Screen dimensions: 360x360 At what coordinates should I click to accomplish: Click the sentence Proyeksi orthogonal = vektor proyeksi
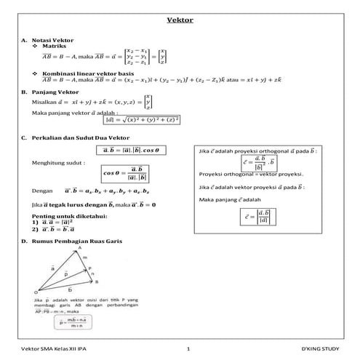[x=251, y=175]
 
